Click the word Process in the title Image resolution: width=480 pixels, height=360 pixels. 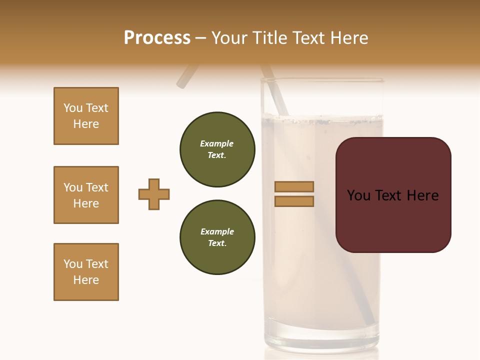point(157,38)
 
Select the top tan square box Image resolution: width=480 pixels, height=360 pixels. point(86,116)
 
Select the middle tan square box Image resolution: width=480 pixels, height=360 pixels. point(86,195)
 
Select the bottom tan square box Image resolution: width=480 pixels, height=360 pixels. point(86,272)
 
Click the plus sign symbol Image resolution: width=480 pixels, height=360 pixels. point(154,194)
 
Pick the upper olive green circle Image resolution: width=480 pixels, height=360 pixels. point(217,149)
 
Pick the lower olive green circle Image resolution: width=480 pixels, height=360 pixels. point(217,237)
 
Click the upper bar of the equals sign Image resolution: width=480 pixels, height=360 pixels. point(294,186)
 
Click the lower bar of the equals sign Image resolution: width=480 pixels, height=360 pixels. point(294,201)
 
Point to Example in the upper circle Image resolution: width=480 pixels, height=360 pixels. point(217,143)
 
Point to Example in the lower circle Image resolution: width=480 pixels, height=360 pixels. point(217,231)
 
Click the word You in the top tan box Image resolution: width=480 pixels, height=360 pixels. point(73,108)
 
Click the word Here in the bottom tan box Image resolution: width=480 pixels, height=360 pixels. point(86,280)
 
